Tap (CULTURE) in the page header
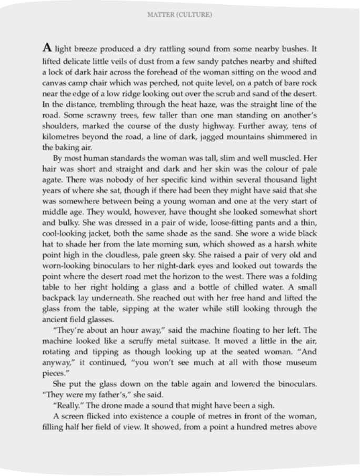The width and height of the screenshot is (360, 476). pos(196,15)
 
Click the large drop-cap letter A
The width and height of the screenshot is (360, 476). pos(47,48)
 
